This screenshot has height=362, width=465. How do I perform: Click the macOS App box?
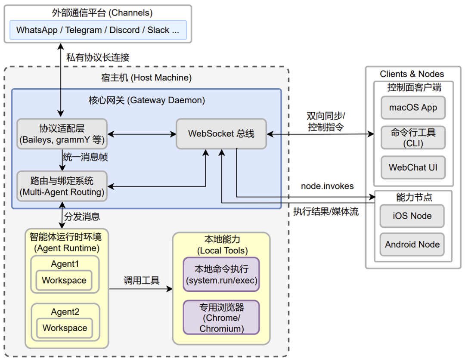coord(413,108)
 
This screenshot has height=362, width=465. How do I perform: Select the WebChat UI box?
coord(413,167)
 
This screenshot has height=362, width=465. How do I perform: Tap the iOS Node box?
coord(412,216)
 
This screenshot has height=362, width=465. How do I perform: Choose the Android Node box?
coord(412,244)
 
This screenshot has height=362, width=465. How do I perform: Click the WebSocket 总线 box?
coord(221,133)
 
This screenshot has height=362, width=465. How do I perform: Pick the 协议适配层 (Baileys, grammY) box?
coord(62,133)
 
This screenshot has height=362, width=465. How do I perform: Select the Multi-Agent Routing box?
coord(62,186)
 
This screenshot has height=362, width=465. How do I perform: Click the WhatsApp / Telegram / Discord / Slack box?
coord(98,30)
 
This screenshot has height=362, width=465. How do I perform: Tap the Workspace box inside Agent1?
coord(64,281)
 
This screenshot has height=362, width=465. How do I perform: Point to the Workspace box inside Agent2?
coord(65,328)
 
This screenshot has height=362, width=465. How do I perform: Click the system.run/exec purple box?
coord(221,275)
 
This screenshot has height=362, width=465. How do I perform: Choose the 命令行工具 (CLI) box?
coord(413,138)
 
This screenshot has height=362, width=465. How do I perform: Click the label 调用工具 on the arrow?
coord(142,281)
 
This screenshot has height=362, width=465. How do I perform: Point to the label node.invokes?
coord(327,186)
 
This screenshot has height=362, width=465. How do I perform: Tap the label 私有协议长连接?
coord(98,57)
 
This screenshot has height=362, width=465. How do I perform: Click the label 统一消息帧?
coord(85,158)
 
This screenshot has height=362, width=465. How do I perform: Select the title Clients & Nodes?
coord(412,74)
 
